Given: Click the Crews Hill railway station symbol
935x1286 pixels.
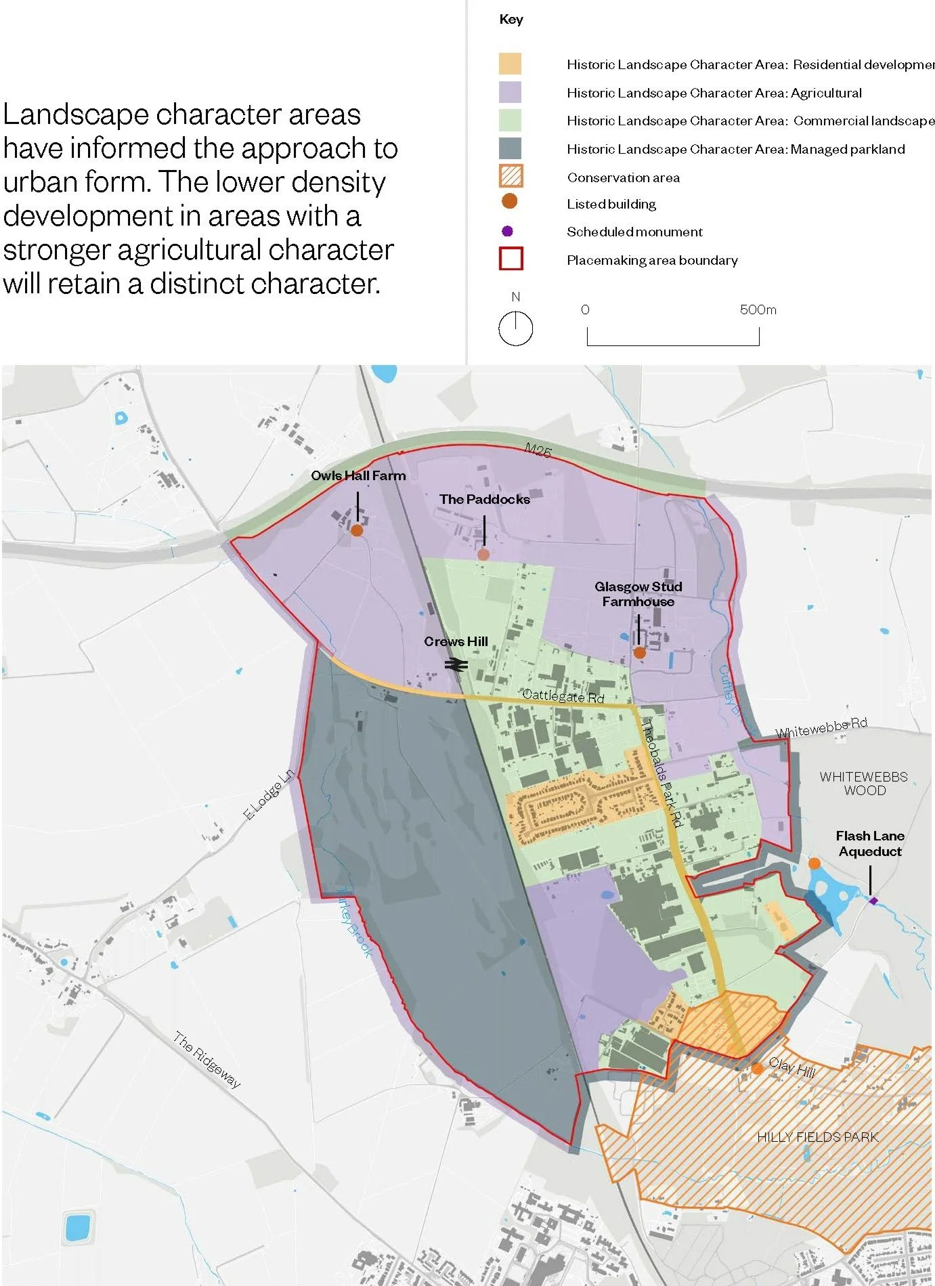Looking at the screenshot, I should [x=456, y=665].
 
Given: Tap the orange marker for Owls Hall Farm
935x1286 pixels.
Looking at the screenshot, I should [x=357, y=530].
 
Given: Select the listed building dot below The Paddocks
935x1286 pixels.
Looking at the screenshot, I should [x=483, y=555].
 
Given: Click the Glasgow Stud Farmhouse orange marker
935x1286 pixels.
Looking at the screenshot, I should [x=639, y=653].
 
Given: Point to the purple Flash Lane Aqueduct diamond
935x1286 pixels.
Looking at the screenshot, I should [x=873, y=901].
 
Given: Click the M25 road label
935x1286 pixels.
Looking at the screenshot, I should [x=538, y=450].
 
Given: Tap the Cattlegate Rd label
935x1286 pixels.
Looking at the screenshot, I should [x=563, y=695].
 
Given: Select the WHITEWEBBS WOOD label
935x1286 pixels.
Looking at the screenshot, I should [x=864, y=784].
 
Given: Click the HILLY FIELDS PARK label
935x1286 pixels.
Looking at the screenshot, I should [x=817, y=1137].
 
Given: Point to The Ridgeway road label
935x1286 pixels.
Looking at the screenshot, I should [x=206, y=1060].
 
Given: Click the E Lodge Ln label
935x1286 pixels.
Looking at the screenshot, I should [x=269, y=794].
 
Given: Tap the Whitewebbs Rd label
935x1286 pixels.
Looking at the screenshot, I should [x=821, y=728].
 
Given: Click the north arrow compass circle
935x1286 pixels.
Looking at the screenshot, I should [x=516, y=329].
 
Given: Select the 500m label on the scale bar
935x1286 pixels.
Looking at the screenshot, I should [x=758, y=310].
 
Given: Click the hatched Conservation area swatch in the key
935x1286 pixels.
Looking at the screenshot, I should [x=510, y=176].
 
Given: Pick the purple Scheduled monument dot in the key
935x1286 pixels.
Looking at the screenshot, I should [x=507, y=232].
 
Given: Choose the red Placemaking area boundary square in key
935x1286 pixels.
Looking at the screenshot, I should [x=510, y=259].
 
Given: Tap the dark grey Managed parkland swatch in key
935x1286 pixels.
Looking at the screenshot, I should [x=510, y=148].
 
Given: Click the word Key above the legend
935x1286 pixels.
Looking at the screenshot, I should [x=511, y=20].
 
